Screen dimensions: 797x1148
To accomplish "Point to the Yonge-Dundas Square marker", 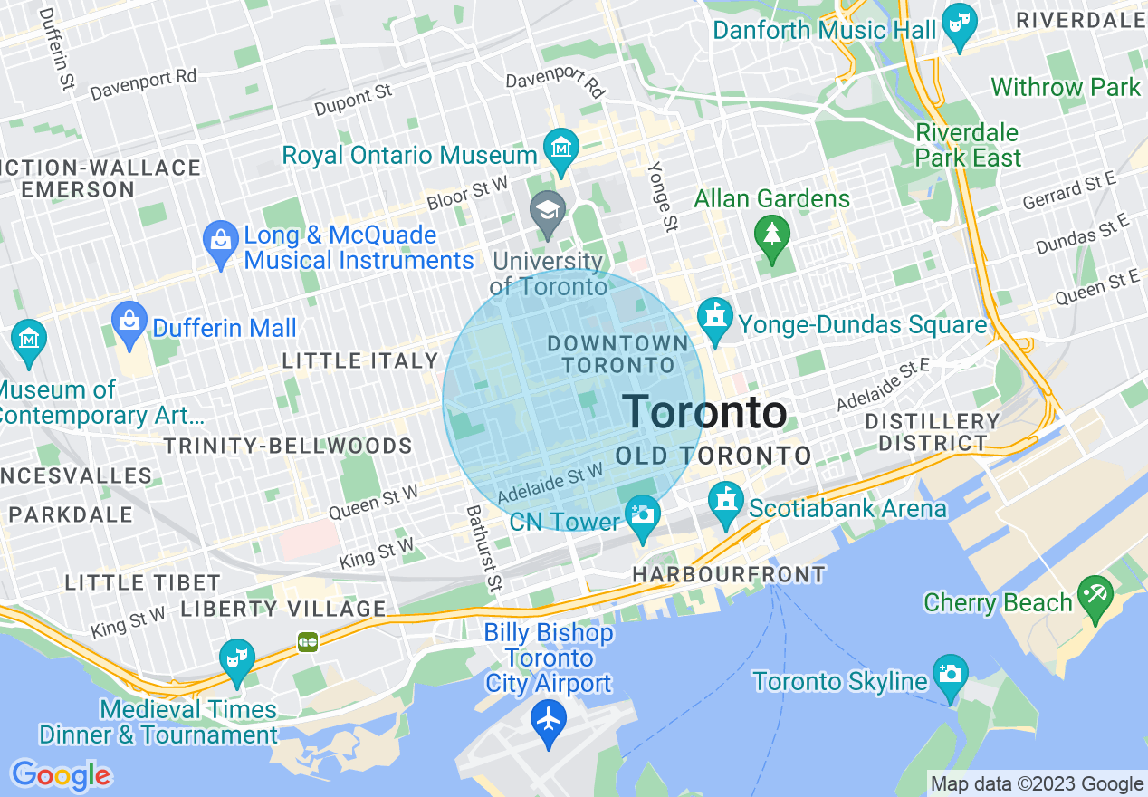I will [716, 319].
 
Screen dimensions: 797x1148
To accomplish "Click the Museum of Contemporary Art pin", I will [29, 340].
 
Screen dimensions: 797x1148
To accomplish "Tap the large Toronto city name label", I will [705, 412].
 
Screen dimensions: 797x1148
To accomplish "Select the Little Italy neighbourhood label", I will [359, 360].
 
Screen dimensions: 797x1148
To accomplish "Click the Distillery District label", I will [932, 432].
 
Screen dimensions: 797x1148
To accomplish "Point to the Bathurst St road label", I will [483, 547].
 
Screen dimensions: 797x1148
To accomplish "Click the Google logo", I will [61, 775].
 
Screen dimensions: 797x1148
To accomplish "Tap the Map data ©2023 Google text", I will [1037, 784].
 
